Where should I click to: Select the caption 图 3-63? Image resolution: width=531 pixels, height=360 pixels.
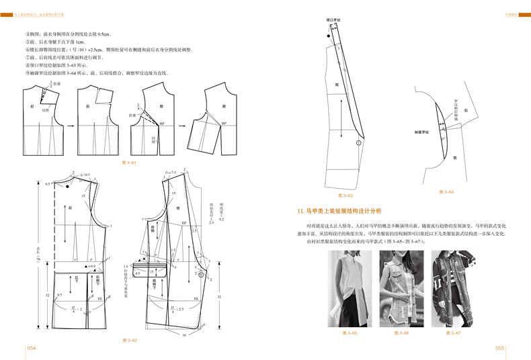coord(347,195)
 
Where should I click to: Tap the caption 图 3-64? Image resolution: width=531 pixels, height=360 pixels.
coord(446,191)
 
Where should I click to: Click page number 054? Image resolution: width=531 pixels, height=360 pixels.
coord(31,348)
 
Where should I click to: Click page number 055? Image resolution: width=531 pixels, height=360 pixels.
coord(499,348)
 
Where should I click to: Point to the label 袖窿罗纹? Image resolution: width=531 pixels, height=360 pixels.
coord(422,132)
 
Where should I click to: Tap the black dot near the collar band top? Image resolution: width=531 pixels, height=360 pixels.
coord(327,38)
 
